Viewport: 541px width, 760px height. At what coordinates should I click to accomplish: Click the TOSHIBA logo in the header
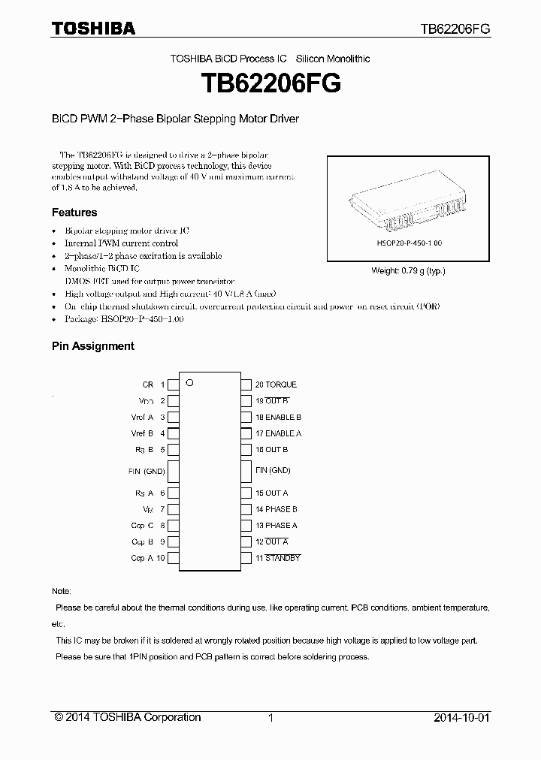(x=93, y=29)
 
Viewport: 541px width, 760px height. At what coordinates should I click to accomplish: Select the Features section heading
(x=74, y=213)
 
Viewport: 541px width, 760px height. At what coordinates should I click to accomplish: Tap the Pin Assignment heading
(x=92, y=346)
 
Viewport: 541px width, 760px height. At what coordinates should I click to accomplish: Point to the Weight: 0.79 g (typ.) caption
(x=409, y=271)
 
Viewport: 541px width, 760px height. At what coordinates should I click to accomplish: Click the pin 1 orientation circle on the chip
(x=190, y=382)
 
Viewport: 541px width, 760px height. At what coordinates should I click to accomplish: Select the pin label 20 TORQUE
(x=276, y=385)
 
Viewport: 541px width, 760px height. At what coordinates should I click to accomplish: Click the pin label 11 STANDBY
(x=277, y=558)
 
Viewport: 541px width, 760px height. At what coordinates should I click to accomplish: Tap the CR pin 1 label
(x=153, y=385)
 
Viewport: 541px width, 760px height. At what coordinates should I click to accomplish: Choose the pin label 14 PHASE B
(x=276, y=509)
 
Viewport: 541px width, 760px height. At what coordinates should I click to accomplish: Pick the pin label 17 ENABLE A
(x=278, y=433)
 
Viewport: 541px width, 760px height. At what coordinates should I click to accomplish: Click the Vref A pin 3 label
(x=147, y=417)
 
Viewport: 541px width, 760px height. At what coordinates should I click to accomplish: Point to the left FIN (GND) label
(x=147, y=471)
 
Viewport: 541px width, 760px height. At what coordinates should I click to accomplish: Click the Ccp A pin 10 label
(x=147, y=558)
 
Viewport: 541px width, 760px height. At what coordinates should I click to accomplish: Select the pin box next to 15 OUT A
(x=246, y=493)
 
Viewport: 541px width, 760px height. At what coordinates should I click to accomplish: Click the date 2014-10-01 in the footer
(x=461, y=717)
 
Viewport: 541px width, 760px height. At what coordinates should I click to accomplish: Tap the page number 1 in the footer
(x=270, y=717)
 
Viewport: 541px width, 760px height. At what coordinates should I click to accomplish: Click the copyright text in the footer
(x=128, y=717)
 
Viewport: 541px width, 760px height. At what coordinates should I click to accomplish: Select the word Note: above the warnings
(x=61, y=592)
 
